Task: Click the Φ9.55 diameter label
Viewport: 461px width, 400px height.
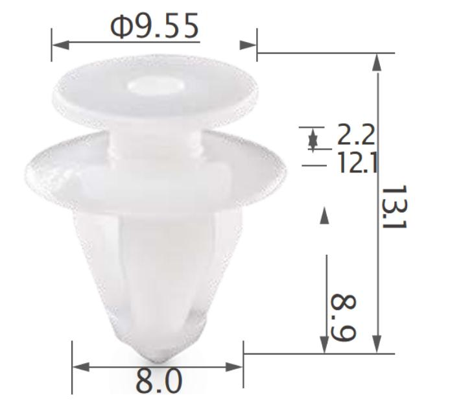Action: coord(155,27)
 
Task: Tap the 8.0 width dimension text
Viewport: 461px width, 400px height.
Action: coord(159,382)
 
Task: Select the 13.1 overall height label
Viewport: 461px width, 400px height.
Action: coord(394,207)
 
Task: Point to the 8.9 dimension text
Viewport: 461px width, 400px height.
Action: coord(344,318)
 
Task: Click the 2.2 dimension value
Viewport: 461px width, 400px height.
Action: coord(356,135)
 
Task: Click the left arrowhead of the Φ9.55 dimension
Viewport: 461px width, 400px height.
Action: coord(60,45)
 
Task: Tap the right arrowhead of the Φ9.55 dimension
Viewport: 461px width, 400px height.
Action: coord(248,45)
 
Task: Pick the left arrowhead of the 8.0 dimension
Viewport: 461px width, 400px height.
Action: coord(81,367)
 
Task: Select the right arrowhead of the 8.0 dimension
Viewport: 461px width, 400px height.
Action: coord(234,367)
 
